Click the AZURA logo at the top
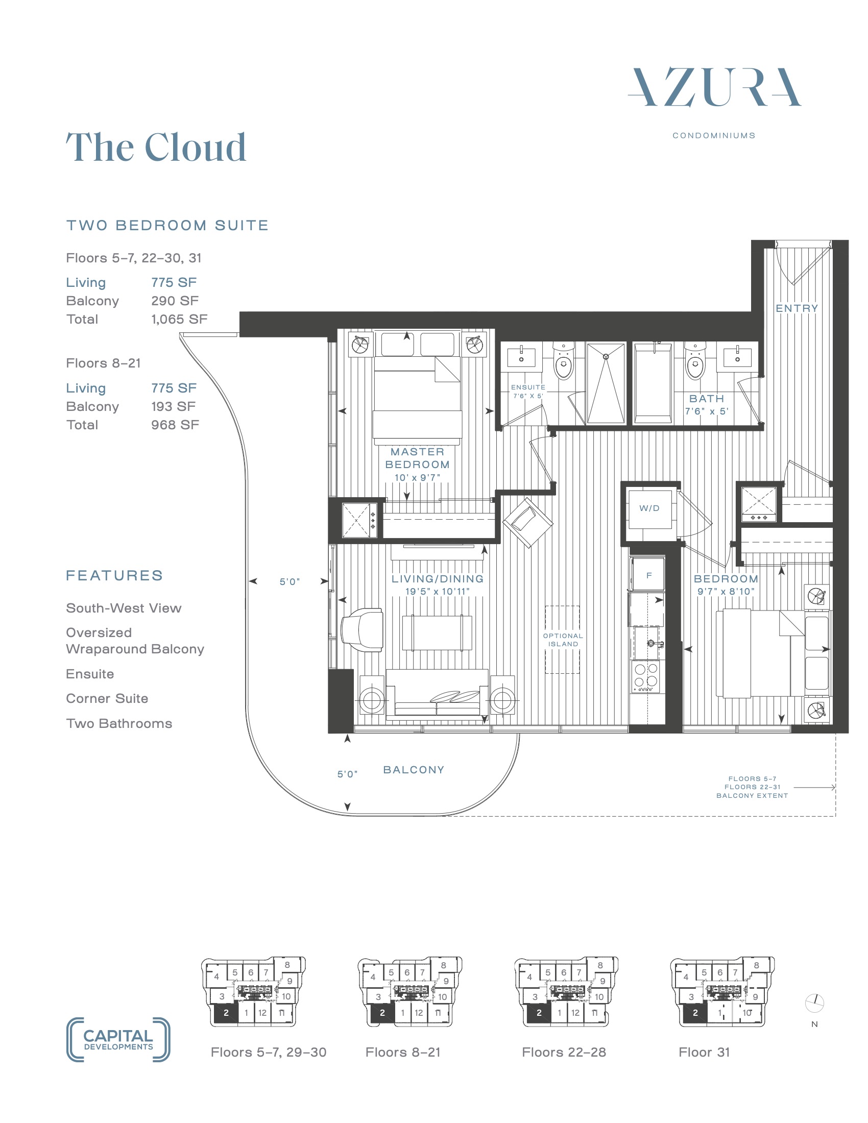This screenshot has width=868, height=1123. click(714, 87)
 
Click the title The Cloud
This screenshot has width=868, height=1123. click(156, 147)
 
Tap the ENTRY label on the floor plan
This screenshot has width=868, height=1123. click(797, 308)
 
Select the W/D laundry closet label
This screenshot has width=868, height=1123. click(649, 508)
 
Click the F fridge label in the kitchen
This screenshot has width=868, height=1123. click(649, 575)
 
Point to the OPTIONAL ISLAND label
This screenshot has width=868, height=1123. click(563, 640)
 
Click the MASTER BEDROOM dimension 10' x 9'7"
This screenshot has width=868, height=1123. click(417, 478)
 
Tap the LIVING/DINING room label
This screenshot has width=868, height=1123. click(437, 578)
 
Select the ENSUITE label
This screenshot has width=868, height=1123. click(528, 387)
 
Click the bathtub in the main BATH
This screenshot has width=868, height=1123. click(653, 383)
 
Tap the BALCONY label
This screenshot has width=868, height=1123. click(414, 770)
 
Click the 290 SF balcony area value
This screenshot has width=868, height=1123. click(175, 301)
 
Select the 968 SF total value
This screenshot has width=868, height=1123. click(175, 425)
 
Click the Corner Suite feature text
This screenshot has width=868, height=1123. click(107, 698)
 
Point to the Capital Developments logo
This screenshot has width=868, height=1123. click(118, 1040)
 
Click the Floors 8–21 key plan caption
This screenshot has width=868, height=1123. click(403, 1053)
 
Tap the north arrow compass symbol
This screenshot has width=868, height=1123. click(814, 1002)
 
